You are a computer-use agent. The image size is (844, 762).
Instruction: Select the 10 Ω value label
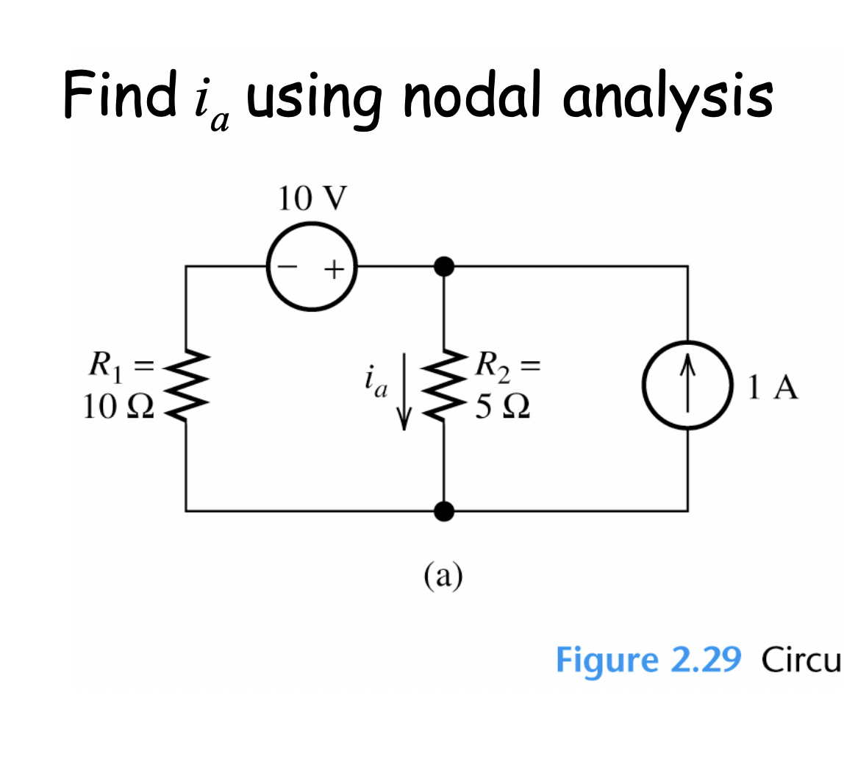click(x=118, y=407)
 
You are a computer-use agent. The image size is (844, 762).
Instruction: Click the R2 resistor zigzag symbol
click(x=444, y=388)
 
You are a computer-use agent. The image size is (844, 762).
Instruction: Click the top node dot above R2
click(x=444, y=266)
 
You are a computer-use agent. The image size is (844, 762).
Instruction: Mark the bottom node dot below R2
click(x=444, y=509)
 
